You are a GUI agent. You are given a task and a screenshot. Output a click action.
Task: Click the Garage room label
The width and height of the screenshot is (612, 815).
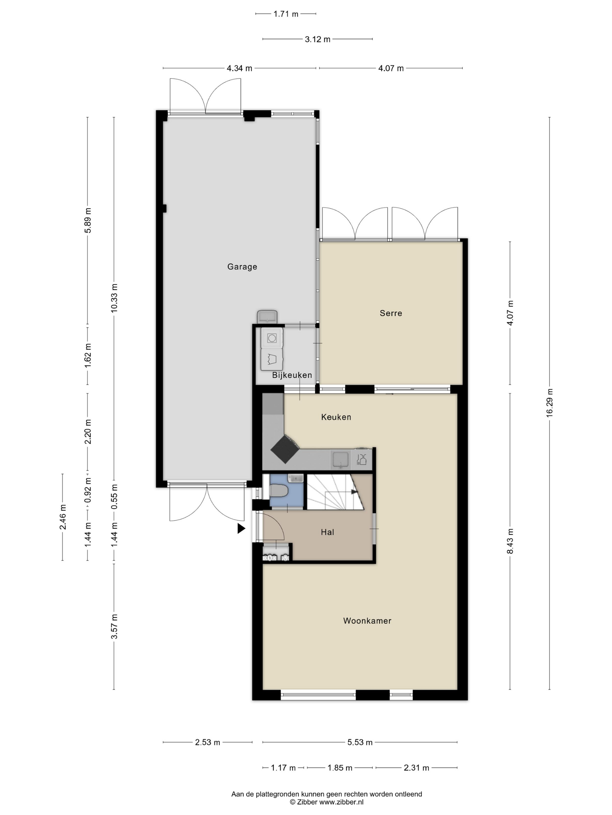[242, 267]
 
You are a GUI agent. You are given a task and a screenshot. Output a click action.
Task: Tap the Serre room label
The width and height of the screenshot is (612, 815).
[391, 313]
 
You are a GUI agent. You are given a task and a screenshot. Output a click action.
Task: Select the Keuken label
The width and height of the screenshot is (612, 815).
[336, 417]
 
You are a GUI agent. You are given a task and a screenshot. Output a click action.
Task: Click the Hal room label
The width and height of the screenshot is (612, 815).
[328, 532]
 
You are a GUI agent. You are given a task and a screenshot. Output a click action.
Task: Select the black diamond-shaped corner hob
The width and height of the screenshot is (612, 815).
[285, 449]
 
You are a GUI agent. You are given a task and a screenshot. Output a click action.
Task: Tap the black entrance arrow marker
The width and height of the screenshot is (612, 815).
[241, 529]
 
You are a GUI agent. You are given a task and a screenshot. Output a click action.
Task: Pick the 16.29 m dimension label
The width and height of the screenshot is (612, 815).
[549, 403]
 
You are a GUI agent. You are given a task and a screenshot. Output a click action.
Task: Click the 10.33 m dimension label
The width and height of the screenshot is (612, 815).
[114, 298]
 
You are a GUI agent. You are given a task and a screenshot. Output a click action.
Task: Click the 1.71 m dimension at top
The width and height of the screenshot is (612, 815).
[286, 14]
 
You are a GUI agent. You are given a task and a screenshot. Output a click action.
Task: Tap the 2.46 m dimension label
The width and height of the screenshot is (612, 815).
[62, 517]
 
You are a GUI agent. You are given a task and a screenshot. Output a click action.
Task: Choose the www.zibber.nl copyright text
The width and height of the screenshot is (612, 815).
[326, 802]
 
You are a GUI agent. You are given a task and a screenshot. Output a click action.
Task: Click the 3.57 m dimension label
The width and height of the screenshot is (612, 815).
[114, 627]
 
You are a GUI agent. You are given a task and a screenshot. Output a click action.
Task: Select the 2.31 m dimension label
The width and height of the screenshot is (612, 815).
[416, 768]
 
